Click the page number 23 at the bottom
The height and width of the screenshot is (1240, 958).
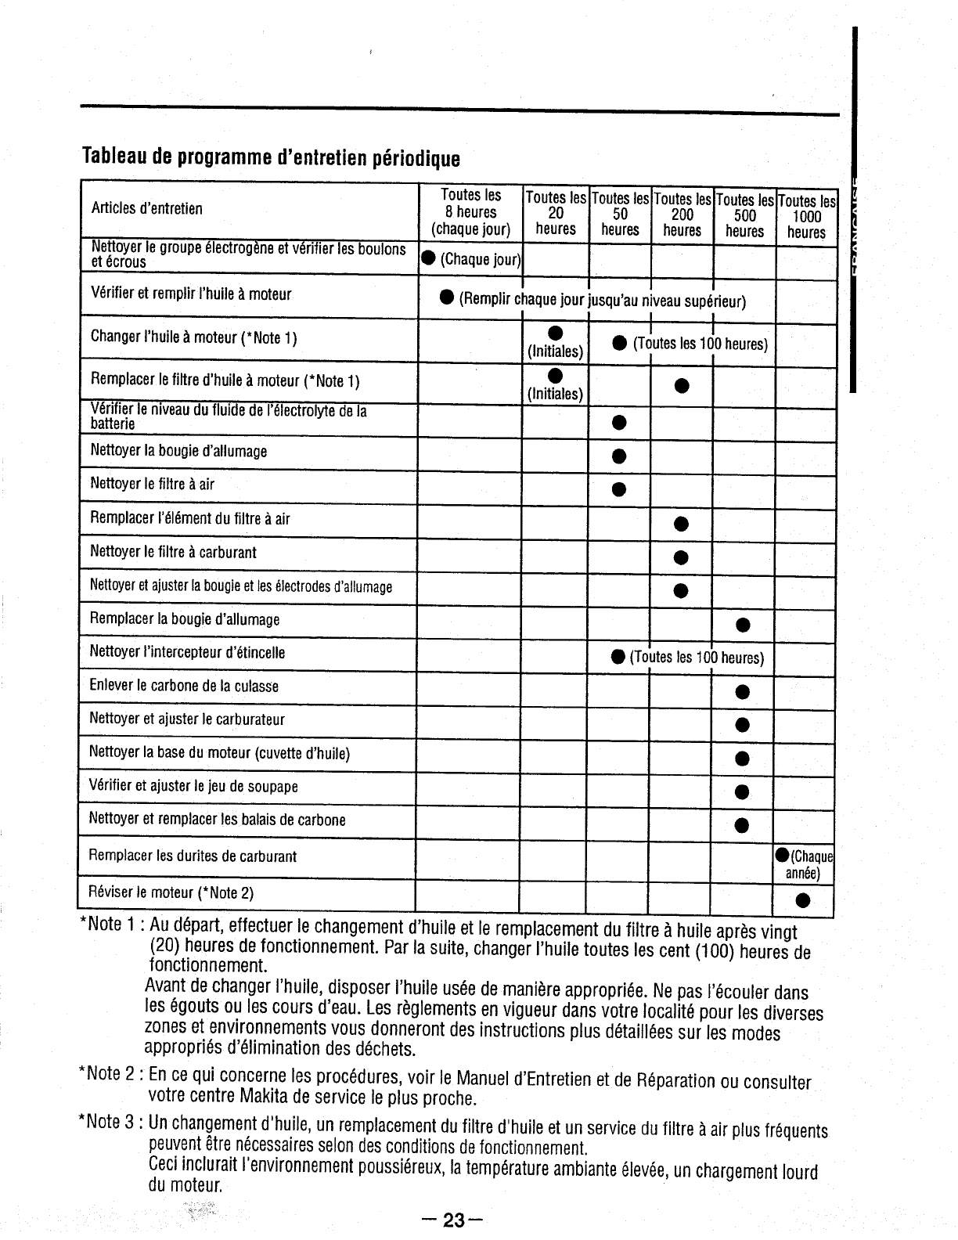pyautogui.click(x=453, y=1220)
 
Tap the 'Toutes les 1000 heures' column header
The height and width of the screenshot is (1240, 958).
pyautogui.click(x=806, y=217)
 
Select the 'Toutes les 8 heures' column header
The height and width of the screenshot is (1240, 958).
pyautogui.click(x=470, y=211)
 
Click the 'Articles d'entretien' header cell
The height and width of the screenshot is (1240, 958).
pyautogui.click(x=146, y=208)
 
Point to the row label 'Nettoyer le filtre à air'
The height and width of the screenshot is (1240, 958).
pyautogui.click(x=152, y=484)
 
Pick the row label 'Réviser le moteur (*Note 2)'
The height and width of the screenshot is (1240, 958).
pyautogui.click(x=171, y=892)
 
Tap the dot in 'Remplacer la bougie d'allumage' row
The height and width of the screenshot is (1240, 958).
pyautogui.click(x=742, y=624)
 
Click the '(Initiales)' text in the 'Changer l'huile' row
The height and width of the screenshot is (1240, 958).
pyautogui.click(x=555, y=351)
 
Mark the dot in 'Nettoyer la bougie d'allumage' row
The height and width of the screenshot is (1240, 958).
pyautogui.click(x=618, y=456)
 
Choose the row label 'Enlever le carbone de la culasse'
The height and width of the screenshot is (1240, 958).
pyautogui.click(x=184, y=686)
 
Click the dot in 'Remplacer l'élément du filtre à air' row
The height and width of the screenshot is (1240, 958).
pyautogui.click(x=681, y=523)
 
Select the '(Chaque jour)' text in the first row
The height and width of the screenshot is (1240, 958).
pyautogui.click(x=480, y=260)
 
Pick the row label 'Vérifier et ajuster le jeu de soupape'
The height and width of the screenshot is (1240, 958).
pyautogui.click(x=193, y=786)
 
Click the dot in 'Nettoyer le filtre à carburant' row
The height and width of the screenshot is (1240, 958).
pyautogui.click(x=681, y=557)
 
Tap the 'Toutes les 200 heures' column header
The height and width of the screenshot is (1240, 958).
pyautogui.click(x=682, y=215)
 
